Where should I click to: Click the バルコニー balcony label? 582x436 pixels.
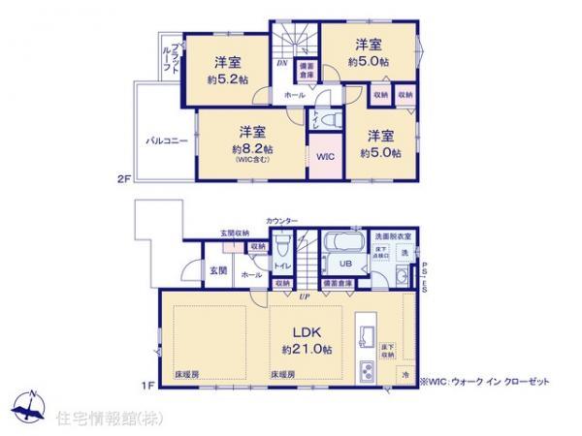pos(167,140)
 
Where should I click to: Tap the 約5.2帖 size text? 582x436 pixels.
pos(225,81)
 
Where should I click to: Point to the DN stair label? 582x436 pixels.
pos(282,65)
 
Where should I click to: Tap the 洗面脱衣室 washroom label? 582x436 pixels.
pos(394,236)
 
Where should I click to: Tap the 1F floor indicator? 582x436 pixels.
pos(147,388)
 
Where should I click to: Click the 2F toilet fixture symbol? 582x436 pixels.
pos(327,120)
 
